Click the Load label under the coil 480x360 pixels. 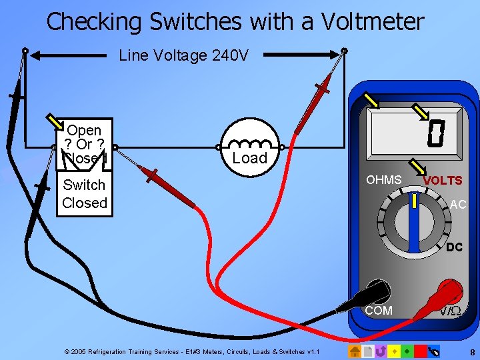tap(250, 158)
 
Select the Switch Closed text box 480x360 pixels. tap(85, 194)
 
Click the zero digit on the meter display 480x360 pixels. tap(435, 133)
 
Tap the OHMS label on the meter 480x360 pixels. tap(384, 180)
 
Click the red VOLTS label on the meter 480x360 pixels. tap(443, 181)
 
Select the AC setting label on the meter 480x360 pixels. tap(458, 205)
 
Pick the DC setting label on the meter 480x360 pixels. tap(455, 247)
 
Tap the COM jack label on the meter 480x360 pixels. tap(379, 311)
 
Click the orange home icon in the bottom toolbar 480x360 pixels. tap(355, 351)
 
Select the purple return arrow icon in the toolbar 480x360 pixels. tap(381, 351)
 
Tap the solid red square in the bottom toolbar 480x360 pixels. tap(420, 351)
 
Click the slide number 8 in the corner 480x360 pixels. tap(472, 351)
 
